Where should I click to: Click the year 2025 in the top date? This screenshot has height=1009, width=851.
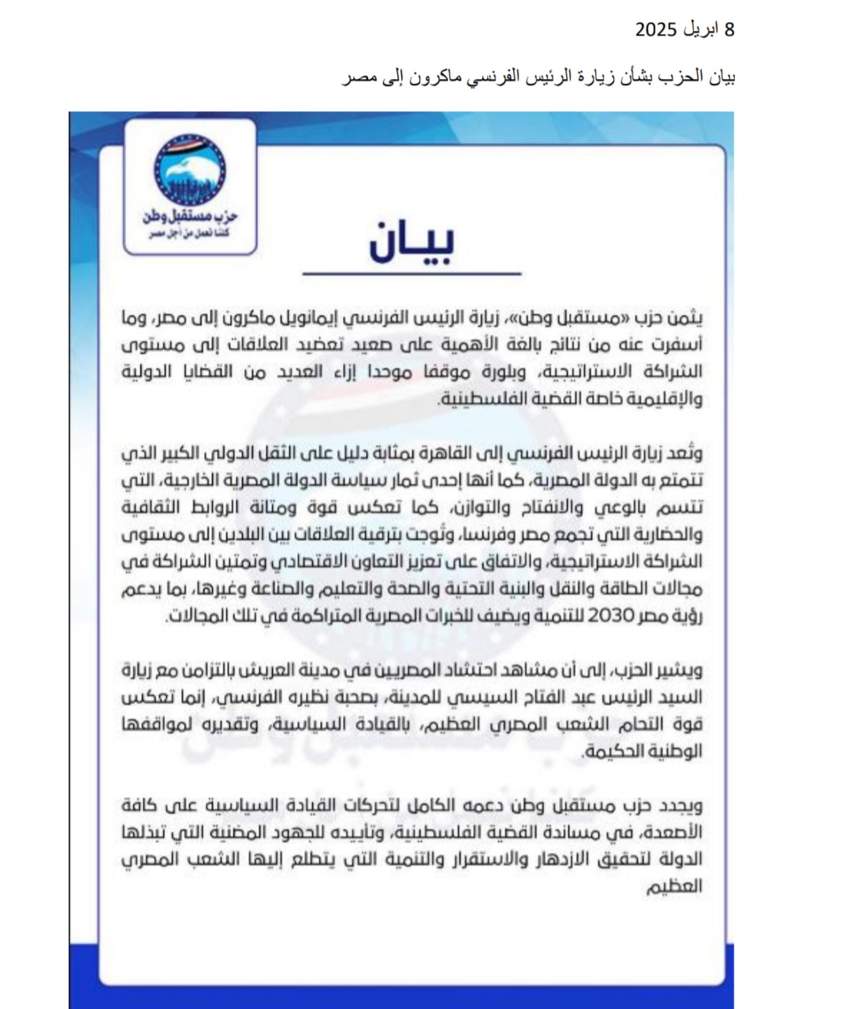(x=656, y=30)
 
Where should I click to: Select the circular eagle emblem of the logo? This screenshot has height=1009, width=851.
(x=189, y=168)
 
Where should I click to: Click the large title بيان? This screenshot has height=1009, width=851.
(x=411, y=242)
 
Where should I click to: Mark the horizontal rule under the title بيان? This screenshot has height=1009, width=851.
(x=411, y=274)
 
